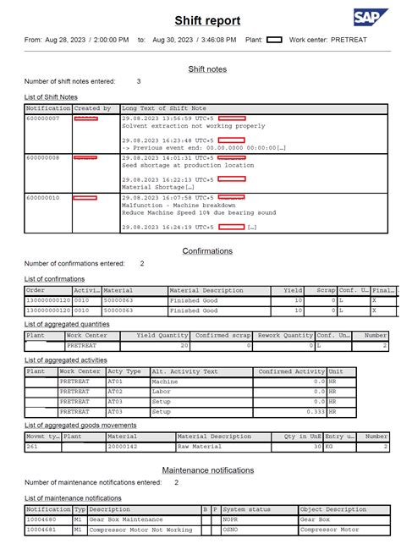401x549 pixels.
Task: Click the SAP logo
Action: click(x=371, y=18)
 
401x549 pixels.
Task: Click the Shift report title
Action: click(x=207, y=20)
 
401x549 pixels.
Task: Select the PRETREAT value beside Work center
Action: click(x=349, y=39)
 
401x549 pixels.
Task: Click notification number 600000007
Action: click(x=43, y=118)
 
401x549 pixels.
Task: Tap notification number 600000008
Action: click(x=43, y=157)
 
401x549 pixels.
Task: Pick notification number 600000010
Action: click(x=43, y=197)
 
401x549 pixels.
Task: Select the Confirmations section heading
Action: click(x=207, y=251)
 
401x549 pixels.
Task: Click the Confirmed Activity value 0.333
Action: click(x=316, y=411)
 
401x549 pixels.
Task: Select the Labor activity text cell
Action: click(x=160, y=391)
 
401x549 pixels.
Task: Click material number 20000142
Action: click(x=122, y=447)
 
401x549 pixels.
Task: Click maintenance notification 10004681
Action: click(x=41, y=530)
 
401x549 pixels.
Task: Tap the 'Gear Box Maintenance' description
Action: click(x=128, y=520)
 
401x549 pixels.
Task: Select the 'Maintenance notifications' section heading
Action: click(x=207, y=469)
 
